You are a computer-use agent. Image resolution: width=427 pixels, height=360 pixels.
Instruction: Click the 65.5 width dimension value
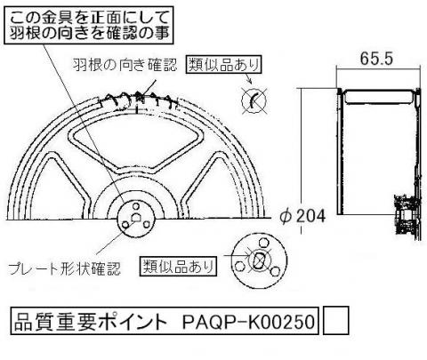tap(376, 59)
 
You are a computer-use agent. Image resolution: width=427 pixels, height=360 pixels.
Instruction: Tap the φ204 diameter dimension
tap(302, 216)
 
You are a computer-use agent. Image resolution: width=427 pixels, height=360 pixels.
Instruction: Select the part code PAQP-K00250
tap(248, 322)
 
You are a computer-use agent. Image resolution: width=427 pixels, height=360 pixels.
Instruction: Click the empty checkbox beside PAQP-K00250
tap(335, 321)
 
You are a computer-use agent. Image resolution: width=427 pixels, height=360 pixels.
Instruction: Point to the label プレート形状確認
tap(64, 268)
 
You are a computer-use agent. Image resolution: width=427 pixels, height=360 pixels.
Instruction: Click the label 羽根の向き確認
tap(125, 65)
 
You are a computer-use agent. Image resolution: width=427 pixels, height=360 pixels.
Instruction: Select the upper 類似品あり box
tap(224, 64)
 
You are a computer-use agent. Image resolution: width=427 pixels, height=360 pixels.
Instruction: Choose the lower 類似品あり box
tap(178, 267)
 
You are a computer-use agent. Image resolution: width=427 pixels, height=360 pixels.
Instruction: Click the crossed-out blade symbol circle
tap(254, 100)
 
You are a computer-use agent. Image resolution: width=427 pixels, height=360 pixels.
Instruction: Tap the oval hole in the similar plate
tap(258, 260)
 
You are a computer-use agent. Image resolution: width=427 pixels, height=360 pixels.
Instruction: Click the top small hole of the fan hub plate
tap(136, 205)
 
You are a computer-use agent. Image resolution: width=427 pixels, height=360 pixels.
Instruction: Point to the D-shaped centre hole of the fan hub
tap(136, 218)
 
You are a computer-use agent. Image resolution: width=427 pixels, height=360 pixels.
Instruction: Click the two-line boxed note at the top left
tap(89, 26)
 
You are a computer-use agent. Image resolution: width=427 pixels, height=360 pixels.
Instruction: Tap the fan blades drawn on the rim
tap(139, 100)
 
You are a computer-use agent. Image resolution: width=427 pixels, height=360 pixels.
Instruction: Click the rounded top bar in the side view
tap(378, 97)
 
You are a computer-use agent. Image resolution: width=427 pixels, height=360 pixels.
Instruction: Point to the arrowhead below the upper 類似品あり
tap(250, 81)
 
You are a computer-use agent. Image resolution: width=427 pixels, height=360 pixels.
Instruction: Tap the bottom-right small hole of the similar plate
tap(276, 271)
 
